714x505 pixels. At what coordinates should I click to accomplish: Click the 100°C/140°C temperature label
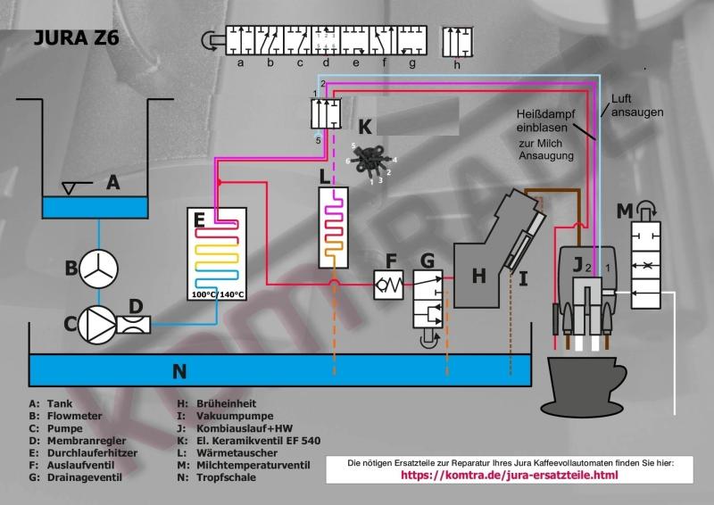219,294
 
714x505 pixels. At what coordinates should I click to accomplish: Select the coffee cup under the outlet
583,384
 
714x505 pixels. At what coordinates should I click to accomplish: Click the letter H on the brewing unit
480,277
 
